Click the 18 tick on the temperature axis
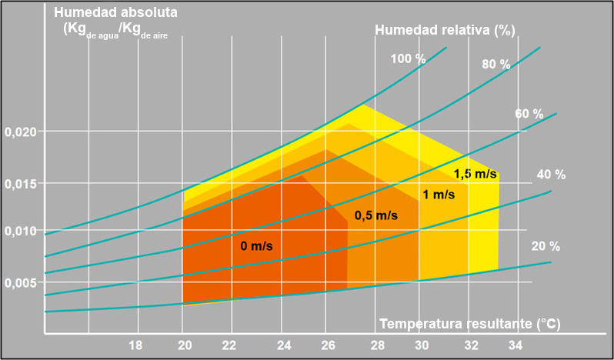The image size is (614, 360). [x=135, y=345]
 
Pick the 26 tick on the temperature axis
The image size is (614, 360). [x=326, y=345]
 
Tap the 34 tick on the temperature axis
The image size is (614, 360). [x=516, y=345]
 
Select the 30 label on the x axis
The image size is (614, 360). [x=421, y=345]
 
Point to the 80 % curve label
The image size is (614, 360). [x=496, y=65]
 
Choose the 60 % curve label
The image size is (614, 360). [x=529, y=114]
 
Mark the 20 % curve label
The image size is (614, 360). [x=546, y=247]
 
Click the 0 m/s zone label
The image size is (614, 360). [x=256, y=246]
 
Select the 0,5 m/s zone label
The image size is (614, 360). [x=375, y=215]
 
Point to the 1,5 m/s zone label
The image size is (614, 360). [x=475, y=174]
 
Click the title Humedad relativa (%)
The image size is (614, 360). [x=445, y=31]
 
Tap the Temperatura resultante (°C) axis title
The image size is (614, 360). [x=470, y=323]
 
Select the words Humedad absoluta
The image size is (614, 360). [x=116, y=13]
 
